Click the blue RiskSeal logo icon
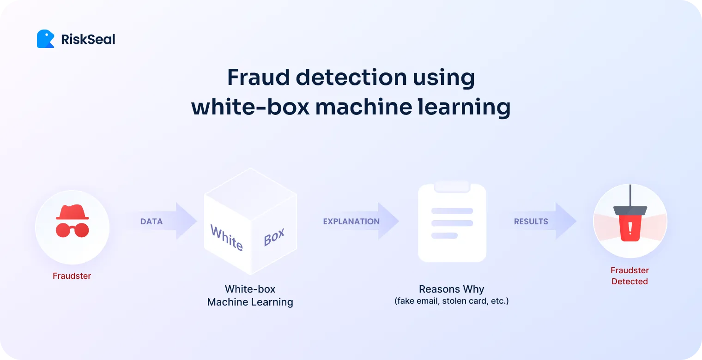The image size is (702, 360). tap(45, 39)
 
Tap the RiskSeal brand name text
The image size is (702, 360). tap(88, 40)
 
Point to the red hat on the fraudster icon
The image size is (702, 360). tap(72, 212)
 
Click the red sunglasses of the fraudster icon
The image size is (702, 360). tap(72, 229)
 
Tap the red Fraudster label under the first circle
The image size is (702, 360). tap(72, 276)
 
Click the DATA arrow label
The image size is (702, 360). tap(151, 222)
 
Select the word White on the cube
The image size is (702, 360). tap(226, 237)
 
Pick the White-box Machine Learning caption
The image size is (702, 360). tap(250, 296)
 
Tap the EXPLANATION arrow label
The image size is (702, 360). tap(351, 222)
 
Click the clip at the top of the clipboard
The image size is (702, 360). tap(452, 186)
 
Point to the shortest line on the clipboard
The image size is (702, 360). tap(444, 235)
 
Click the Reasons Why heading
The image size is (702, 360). tap(451, 289)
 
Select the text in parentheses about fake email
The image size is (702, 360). tap(451, 301)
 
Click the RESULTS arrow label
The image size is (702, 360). tap(531, 222)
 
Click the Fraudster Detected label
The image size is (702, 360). tap(629, 276)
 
